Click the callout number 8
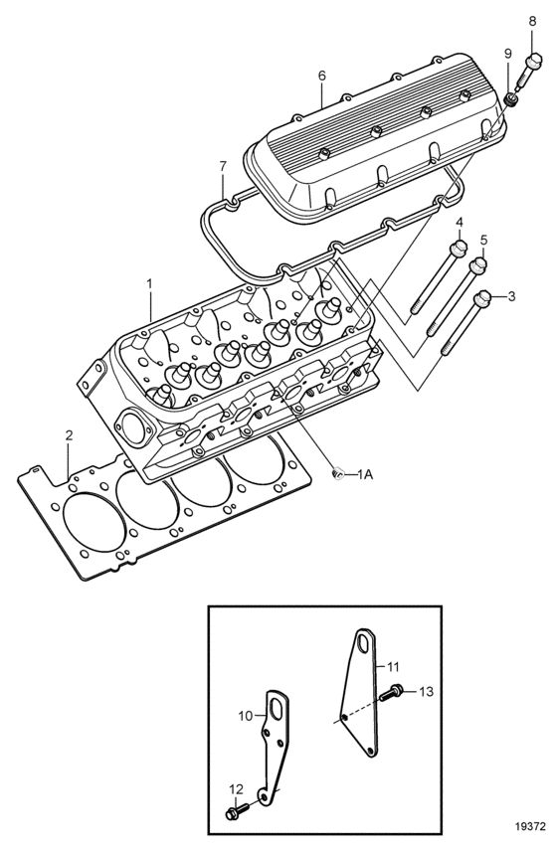point(532,21)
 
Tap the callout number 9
point(507,53)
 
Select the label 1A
point(366,474)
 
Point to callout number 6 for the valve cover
point(322,76)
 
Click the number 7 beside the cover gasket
point(223,166)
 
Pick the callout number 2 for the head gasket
point(69,434)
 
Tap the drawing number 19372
point(530,827)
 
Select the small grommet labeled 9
point(510,99)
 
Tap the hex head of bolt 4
point(459,248)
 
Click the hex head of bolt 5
point(477,265)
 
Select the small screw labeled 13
point(391,692)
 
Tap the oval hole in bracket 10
point(277,711)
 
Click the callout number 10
point(246,716)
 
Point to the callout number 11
point(393,666)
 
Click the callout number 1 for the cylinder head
point(150,284)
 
